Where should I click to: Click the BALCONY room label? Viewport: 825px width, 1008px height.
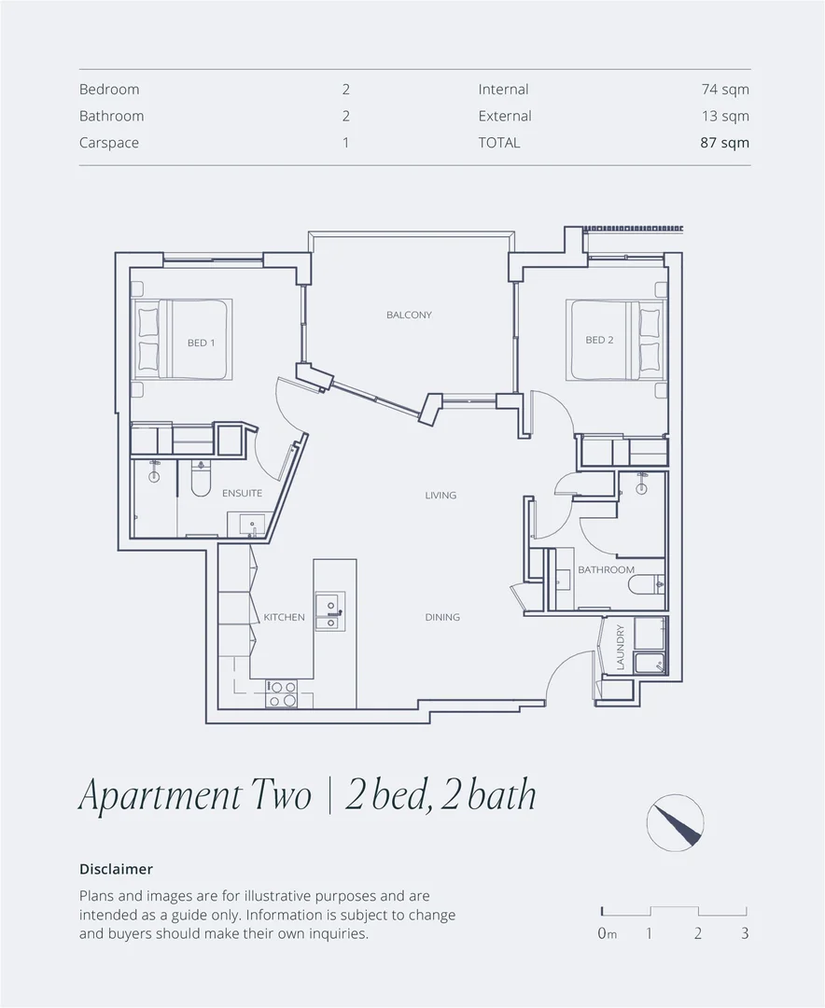409,315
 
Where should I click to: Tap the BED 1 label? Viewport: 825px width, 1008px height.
201,343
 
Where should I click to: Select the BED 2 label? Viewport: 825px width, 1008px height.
599,340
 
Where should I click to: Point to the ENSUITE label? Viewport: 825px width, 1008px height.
242,493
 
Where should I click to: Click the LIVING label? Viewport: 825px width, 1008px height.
440,495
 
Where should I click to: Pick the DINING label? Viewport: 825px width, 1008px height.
442,617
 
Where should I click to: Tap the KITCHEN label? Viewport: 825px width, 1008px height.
284,617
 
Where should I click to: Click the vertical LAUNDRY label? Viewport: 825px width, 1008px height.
620,647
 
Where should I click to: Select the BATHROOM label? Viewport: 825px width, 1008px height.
606,569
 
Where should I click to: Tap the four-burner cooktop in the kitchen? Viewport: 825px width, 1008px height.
282,693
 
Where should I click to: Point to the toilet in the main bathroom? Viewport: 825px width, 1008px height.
647,585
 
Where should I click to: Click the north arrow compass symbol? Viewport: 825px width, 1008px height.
675,822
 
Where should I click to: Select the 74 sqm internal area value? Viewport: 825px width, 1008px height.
725,90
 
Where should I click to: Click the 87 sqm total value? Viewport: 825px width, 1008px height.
725,143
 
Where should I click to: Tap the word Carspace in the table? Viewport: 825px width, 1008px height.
109,143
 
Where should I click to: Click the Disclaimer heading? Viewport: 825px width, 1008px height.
116,869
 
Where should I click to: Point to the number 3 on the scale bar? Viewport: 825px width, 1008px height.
744,932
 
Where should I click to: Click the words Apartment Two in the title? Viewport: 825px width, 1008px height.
195,796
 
